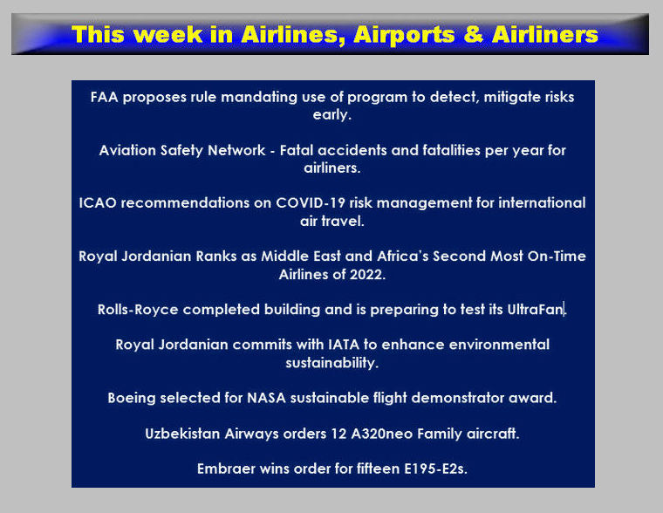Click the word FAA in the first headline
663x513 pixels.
(104, 97)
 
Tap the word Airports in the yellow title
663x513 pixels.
(404, 35)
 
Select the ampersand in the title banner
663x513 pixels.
(473, 34)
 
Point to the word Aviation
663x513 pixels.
(127, 151)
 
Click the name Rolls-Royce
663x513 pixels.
(138, 310)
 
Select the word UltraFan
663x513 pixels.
(536, 310)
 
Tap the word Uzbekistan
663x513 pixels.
(182, 434)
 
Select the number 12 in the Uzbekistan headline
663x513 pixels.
(338, 434)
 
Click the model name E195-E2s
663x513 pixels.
(435, 469)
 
